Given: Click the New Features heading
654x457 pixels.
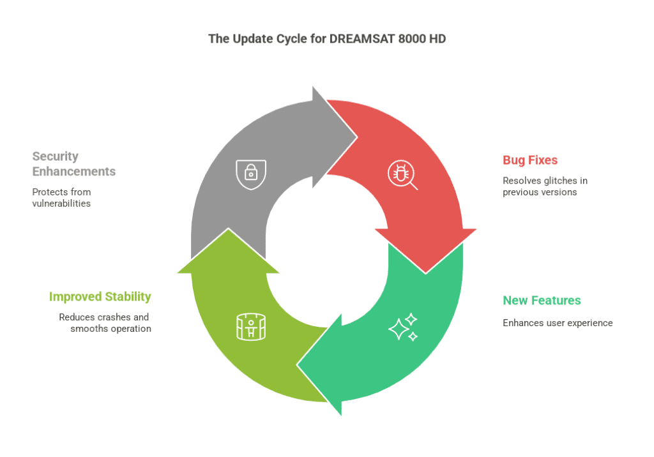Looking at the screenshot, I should tap(542, 300).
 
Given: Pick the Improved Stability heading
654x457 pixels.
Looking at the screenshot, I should tap(100, 296).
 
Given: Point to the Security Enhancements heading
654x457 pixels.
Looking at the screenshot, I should tap(74, 163).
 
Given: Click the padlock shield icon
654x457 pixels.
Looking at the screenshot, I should tap(251, 174).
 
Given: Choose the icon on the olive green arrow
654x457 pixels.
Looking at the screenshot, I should tap(250, 327).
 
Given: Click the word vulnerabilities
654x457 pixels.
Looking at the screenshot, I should tap(61, 204).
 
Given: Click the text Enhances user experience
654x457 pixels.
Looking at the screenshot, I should tap(558, 323).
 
